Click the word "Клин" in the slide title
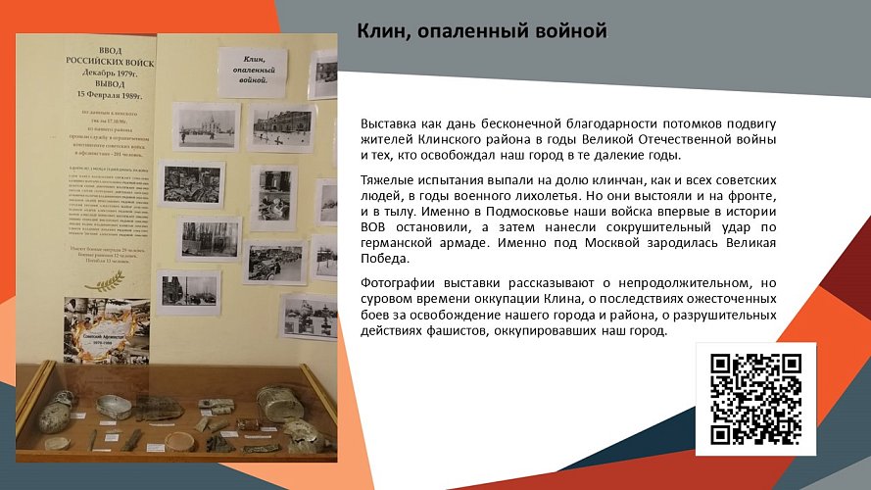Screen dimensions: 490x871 tap(379, 32)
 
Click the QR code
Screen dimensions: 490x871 tap(755, 398)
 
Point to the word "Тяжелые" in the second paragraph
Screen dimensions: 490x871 tap(389, 181)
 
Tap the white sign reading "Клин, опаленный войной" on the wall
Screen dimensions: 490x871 tap(252, 73)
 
